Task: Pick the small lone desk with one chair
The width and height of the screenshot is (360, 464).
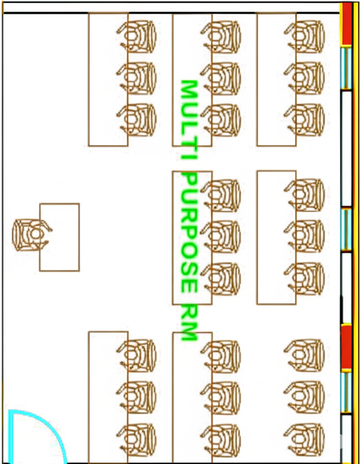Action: click(x=59, y=237)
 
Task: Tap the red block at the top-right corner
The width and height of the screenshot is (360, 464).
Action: click(x=346, y=24)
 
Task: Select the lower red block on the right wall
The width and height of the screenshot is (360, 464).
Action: click(x=346, y=346)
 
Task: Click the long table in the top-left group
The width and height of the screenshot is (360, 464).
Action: click(x=108, y=79)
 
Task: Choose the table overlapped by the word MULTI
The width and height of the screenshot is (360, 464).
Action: click(x=192, y=79)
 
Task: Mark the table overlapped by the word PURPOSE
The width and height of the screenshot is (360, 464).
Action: click(x=192, y=237)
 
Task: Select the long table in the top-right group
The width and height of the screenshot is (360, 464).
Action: click(x=277, y=79)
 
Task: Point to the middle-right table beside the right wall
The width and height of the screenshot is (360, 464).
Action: click(x=277, y=237)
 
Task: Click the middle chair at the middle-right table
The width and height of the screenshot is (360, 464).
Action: click(x=305, y=236)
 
